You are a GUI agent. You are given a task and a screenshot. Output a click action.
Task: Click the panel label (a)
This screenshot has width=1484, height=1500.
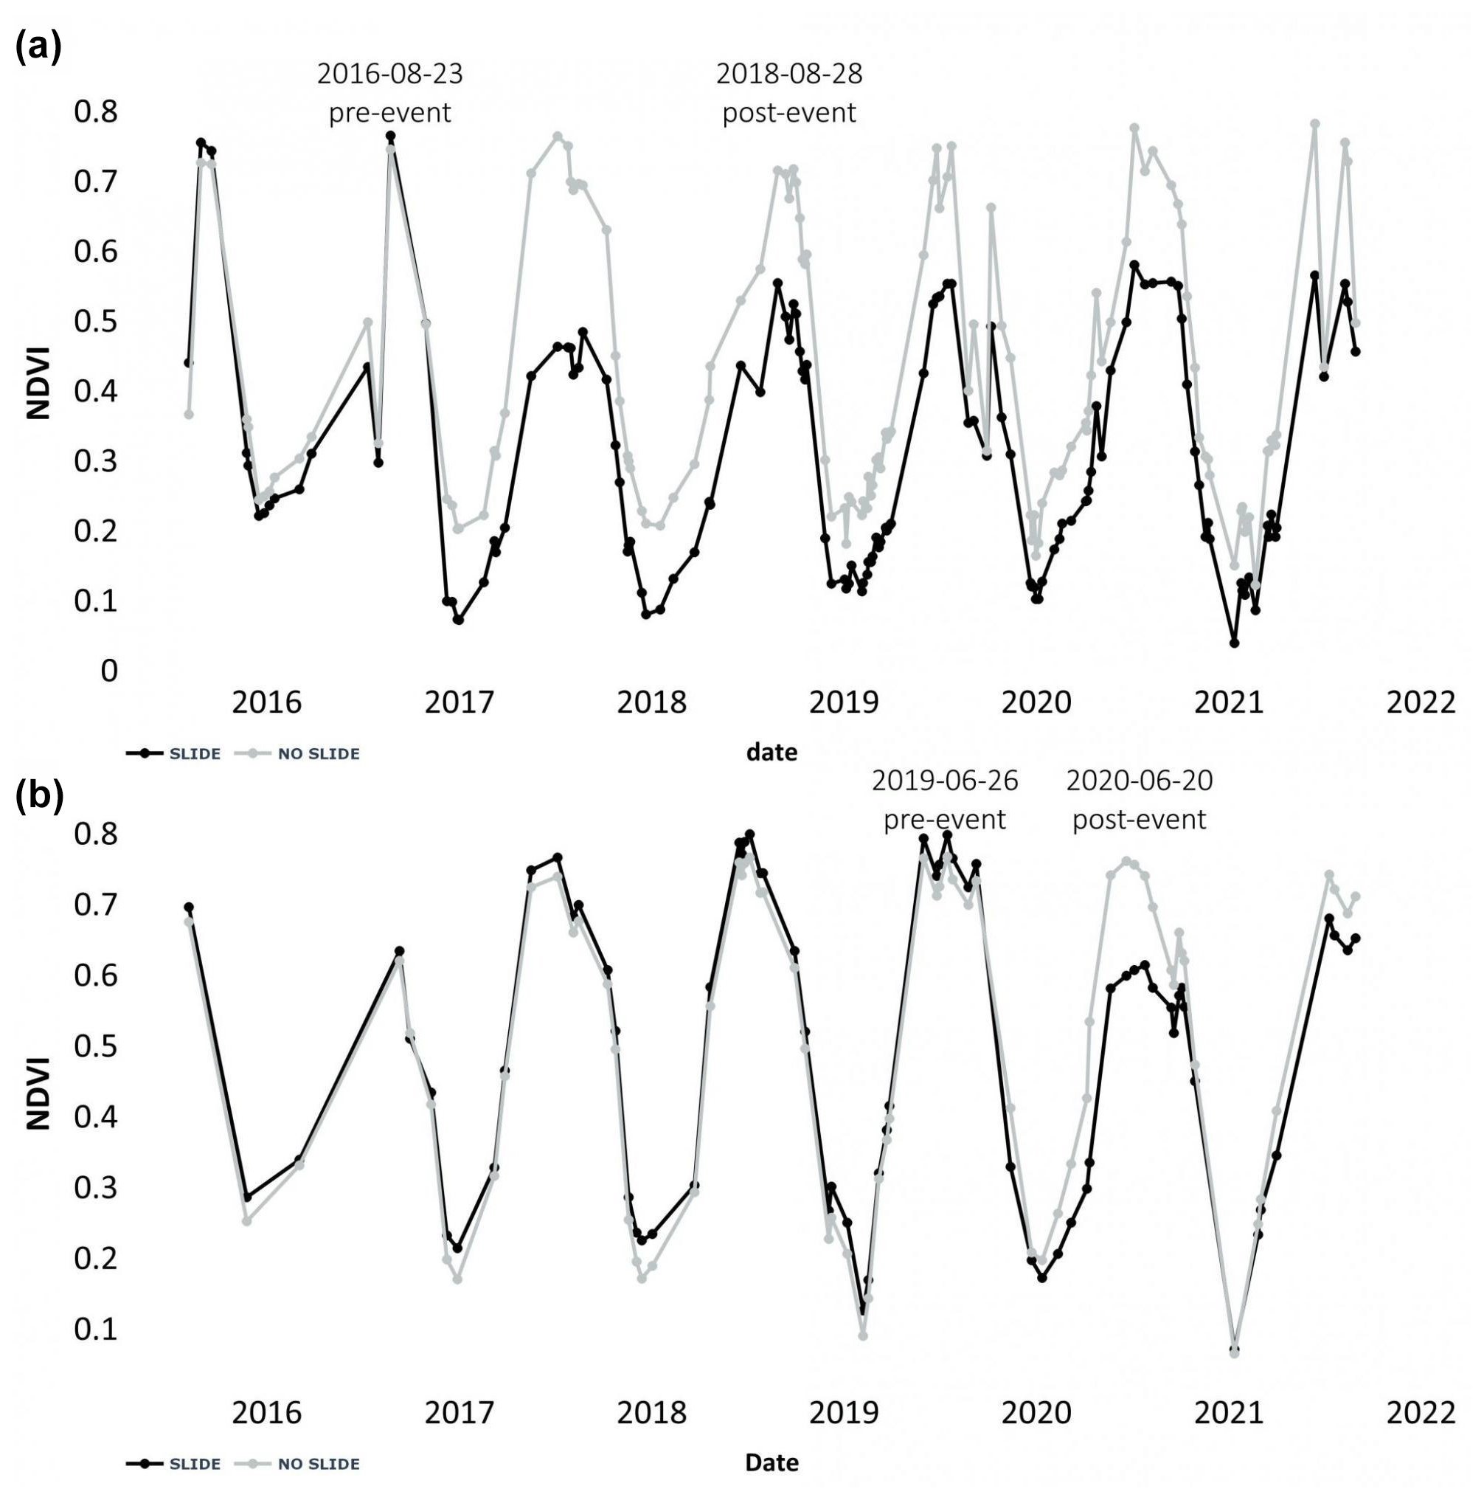coord(38,48)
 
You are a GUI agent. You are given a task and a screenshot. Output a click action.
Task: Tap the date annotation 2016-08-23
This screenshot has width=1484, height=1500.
coord(389,74)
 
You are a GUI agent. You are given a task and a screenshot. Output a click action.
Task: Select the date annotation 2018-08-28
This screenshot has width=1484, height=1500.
coord(788,74)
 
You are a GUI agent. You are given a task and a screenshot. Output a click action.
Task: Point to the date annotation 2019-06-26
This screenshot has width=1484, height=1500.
coord(945,781)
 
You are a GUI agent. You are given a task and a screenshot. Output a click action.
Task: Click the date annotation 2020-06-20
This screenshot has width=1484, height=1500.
coord(1139,781)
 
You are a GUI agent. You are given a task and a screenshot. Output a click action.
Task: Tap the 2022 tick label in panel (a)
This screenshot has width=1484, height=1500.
coord(1421,702)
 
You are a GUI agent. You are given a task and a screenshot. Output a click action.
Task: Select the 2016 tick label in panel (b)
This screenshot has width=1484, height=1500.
coord(266,1412)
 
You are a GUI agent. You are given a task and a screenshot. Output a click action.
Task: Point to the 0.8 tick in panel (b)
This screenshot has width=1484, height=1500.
coord(95,834)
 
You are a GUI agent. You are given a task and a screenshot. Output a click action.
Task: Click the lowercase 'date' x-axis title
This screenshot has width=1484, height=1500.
coord(772,752)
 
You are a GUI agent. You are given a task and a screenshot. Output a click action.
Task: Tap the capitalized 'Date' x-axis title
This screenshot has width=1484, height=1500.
coord(772,1462)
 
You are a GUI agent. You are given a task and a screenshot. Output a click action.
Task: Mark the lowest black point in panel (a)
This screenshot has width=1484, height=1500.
coord(1234,643)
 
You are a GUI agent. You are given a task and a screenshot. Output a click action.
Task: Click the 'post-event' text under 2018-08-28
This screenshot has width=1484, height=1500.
coord(788,114)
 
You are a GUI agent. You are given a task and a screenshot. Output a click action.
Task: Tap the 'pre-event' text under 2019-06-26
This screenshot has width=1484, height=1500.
coord(945,820)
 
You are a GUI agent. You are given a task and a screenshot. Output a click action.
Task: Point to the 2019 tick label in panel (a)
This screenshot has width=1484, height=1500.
coord(844,702)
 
